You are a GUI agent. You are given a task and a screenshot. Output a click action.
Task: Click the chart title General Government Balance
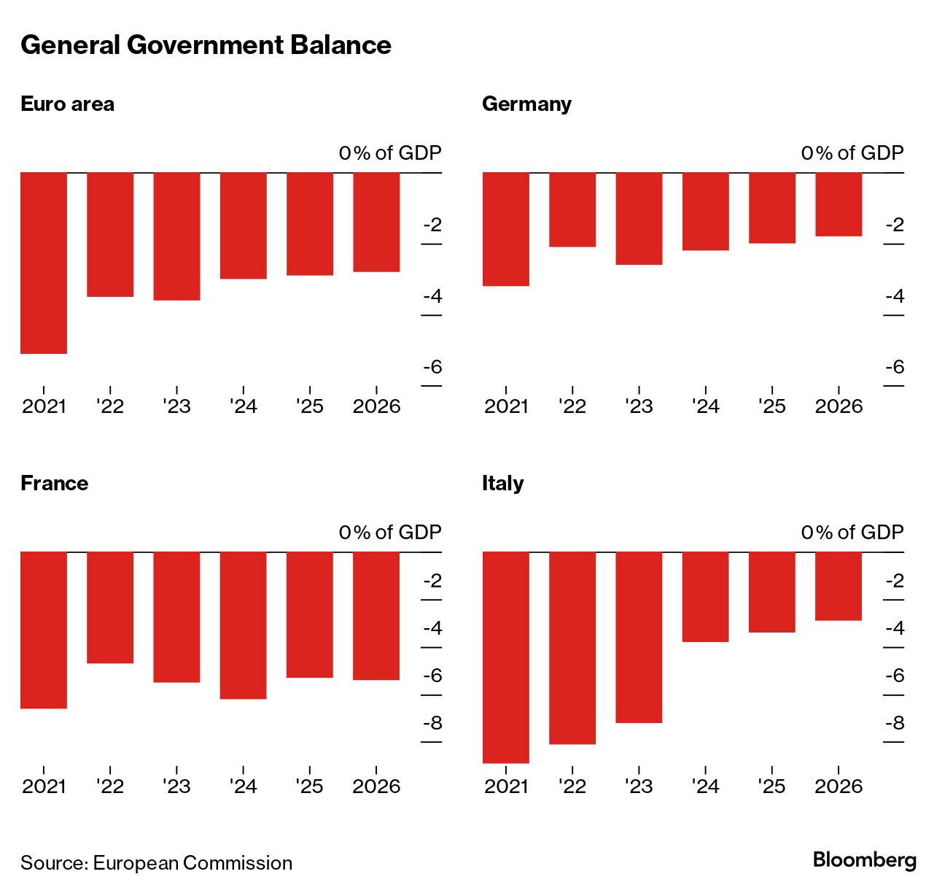(206, 45)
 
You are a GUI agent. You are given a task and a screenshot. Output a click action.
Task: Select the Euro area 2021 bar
(44, 263)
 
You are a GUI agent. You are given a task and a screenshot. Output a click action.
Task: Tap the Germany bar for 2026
(839, 204)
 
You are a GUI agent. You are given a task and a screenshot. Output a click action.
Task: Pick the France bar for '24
(243, 625)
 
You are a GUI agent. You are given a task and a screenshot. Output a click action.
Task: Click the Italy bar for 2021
(506, 657)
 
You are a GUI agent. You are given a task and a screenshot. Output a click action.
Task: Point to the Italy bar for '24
(705, 597)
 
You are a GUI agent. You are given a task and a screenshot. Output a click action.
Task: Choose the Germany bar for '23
(639, 218)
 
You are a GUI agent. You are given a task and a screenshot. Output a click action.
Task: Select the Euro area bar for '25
(310, 224)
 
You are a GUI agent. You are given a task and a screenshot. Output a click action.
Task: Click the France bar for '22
(110, 607)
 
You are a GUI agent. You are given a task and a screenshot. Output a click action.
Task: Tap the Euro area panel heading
(67, 104)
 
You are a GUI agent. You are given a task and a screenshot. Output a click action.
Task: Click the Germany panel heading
(526, 104)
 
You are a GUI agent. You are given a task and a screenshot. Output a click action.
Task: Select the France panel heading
(54, 483)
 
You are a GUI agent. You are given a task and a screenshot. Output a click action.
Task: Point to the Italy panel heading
(502, 483)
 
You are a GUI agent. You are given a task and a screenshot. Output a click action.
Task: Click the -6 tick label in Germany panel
(894, 367)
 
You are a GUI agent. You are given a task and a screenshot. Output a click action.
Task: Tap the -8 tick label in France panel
(432, 723)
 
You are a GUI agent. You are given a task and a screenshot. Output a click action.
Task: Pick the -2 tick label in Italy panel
(894, 581)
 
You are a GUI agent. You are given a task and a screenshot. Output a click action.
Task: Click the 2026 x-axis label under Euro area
(376, 406)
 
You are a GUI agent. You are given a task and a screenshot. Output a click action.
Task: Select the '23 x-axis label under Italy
(639, 786)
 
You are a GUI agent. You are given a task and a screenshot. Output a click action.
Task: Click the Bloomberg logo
(864, 860)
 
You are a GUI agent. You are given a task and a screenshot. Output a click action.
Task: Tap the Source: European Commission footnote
(156, 863)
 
